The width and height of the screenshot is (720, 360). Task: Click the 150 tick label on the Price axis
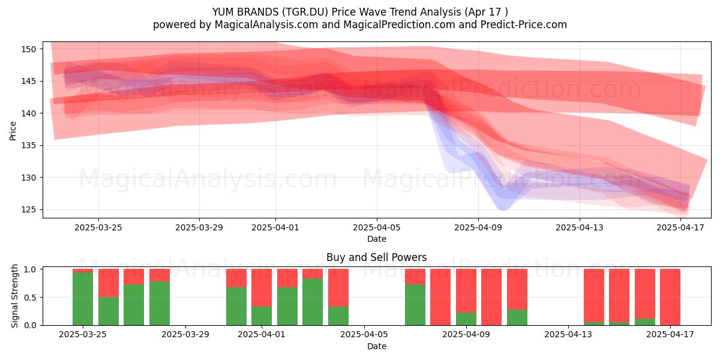click(29, 49)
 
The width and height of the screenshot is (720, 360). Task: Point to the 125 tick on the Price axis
click(29, 210)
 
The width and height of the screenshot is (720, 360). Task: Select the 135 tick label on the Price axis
click(29, 146)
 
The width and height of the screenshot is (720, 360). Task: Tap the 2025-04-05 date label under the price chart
click(377, 227)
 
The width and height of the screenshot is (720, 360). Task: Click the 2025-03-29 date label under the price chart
click(199, 227)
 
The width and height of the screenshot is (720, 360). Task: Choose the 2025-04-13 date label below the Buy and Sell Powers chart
click(568, 335)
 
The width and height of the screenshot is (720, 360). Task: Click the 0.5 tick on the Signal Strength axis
click(31, 298)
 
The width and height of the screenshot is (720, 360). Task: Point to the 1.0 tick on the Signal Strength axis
click(31, 269)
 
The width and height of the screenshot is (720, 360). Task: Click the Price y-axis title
click(13, 131)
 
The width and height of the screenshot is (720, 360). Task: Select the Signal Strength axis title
click(14, 296)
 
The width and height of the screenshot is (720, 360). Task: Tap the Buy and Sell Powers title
click(376, 257)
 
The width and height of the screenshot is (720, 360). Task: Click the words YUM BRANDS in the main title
click(245, 12)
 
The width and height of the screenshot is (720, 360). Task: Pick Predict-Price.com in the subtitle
click(524, 25)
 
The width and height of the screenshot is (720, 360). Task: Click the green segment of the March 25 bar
click(83, 299)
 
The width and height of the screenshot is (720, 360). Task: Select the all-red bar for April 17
click(670, 297)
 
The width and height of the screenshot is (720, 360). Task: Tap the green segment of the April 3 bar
click(313, 302)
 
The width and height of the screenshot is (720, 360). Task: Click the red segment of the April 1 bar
click(262, 287)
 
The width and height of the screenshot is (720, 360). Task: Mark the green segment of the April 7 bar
click(415, 305)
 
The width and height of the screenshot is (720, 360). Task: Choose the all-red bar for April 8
click(440, 297)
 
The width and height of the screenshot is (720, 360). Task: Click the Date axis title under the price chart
click(377, 239)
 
